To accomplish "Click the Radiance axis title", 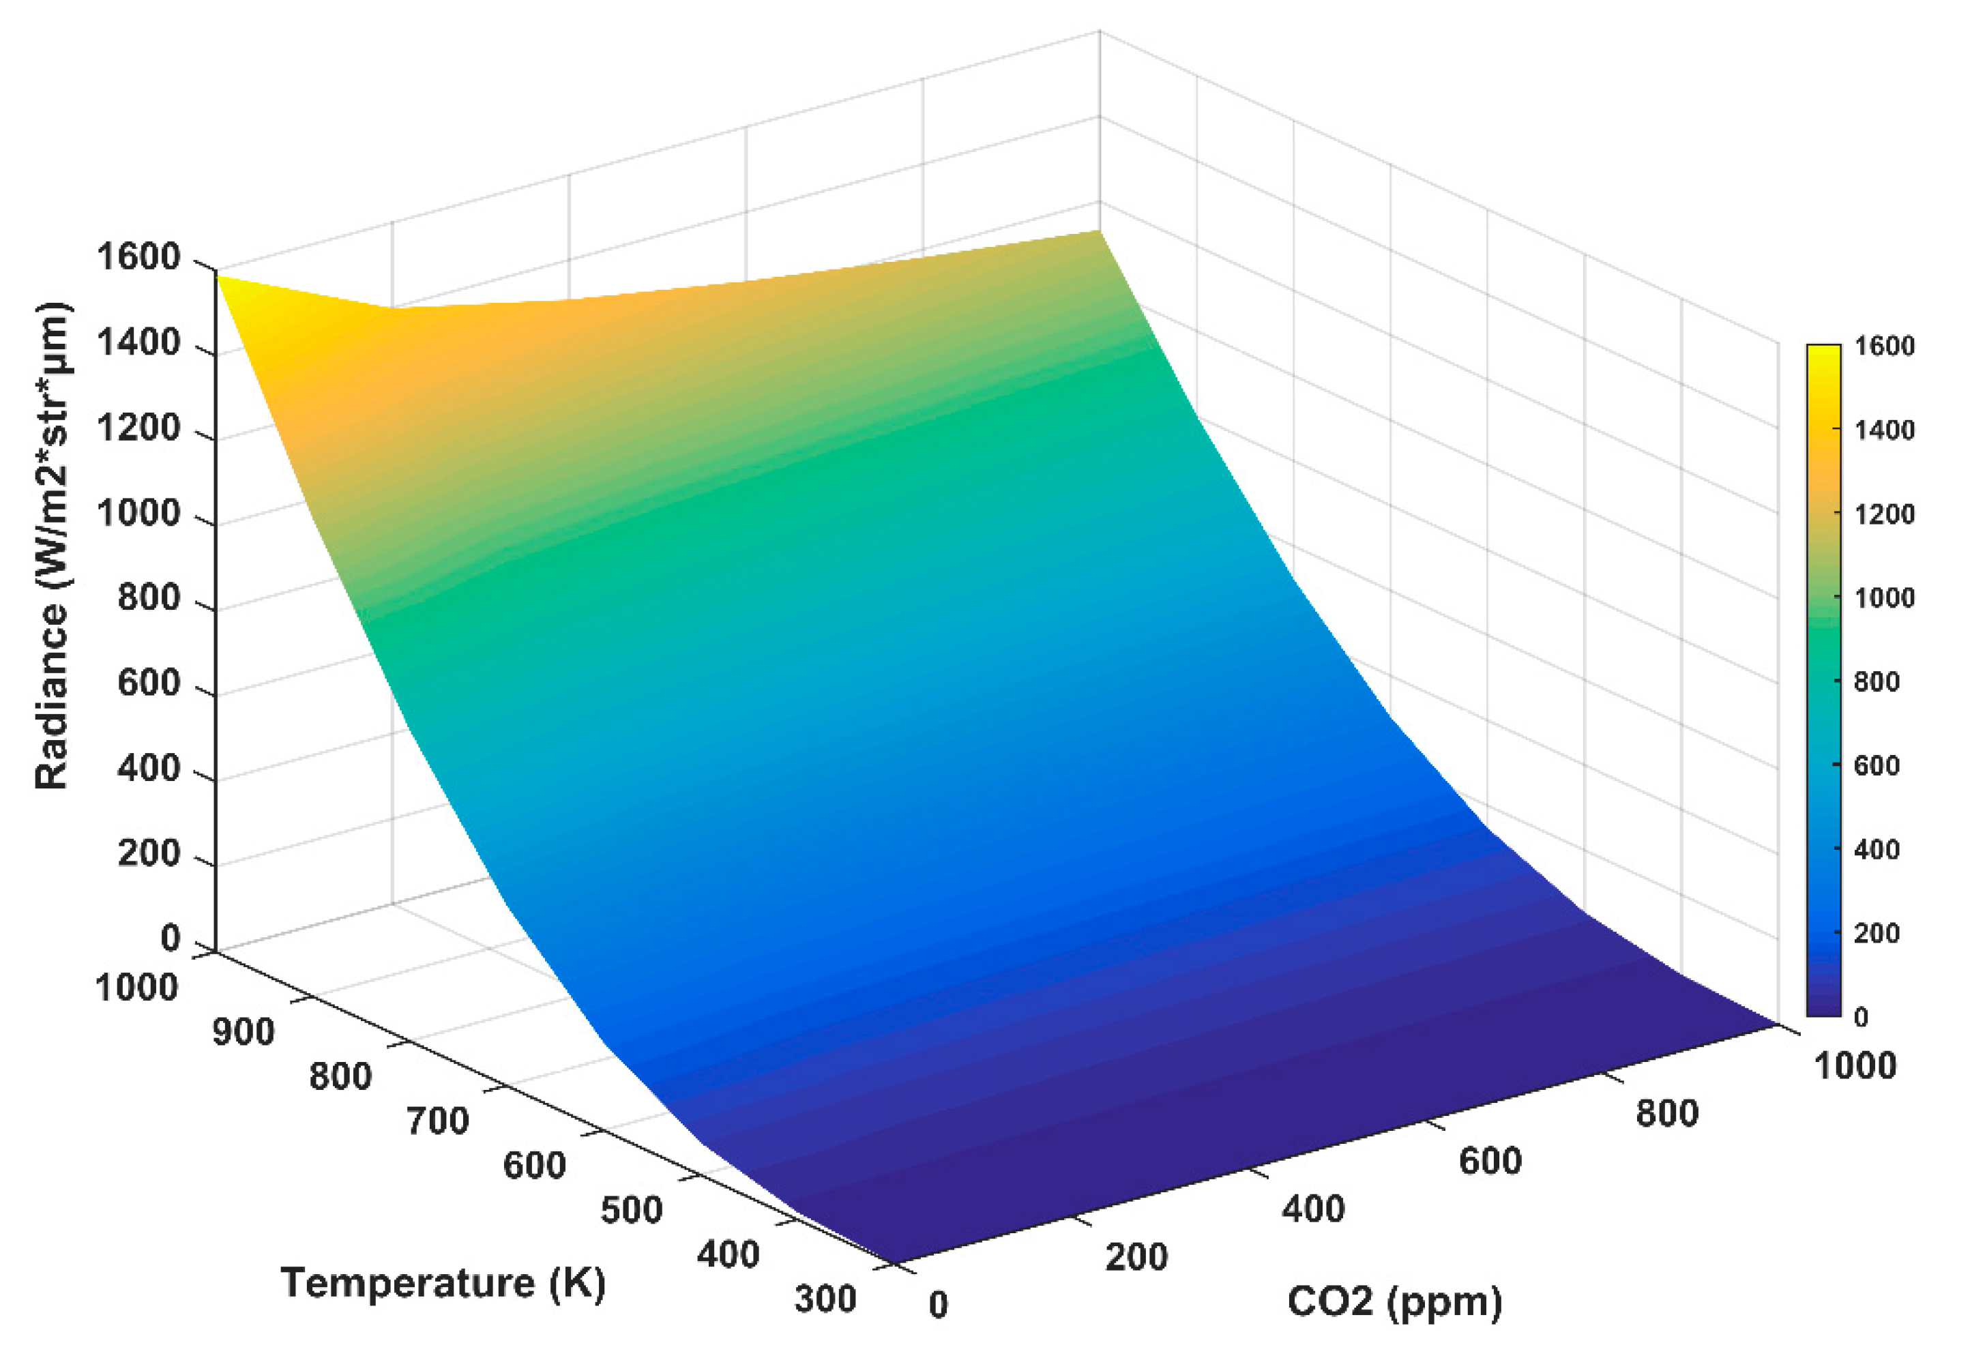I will (53, 544).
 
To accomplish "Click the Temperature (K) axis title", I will (443, 1283).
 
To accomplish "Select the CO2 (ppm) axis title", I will (1394, 1301).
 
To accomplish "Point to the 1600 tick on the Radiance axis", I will (138, 257).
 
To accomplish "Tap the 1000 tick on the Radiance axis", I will (138, 513).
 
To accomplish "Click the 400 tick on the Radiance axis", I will (149, 768).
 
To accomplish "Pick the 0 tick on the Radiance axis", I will (170, 938).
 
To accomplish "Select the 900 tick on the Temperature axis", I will (244, 1032).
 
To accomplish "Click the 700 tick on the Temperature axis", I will (437, 1121).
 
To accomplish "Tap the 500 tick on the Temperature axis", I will (631, 1210).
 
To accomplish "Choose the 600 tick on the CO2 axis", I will (1490, 1161).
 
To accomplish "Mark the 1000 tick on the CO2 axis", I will (1855, 1065).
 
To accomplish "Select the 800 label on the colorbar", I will (1877, 681).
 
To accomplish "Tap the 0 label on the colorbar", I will (1861, 1017).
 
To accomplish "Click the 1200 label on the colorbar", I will (1885, 514).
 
